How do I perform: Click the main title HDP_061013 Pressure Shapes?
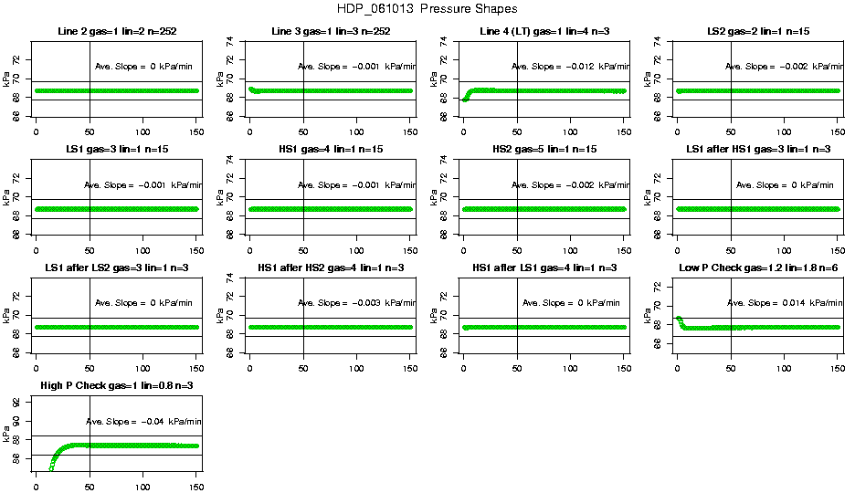pos(427,10)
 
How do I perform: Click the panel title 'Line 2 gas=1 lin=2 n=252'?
pos(116,32)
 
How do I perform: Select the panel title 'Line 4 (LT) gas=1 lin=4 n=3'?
pos(544,32)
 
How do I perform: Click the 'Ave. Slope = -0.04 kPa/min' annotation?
pos(143,421)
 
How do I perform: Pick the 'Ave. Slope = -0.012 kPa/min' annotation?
pos(565,66)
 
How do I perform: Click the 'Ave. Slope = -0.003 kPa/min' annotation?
pos(356,303)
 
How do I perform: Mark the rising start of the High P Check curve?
pos(51,468)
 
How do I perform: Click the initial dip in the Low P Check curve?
pos(682,324)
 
